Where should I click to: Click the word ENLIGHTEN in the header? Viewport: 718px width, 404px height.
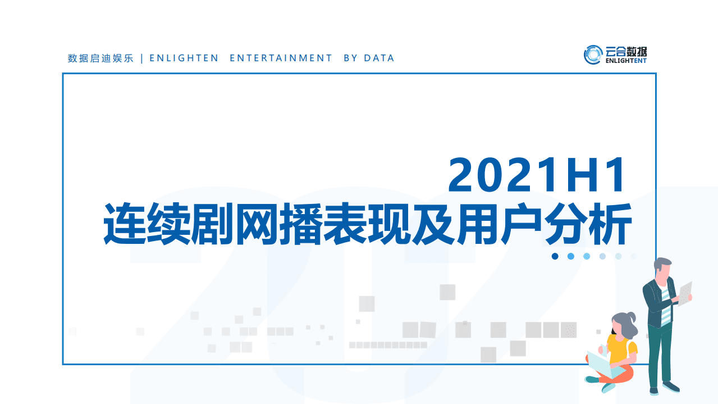(x=184, y=58)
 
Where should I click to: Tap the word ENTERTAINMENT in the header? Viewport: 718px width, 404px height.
(x=281, y=58)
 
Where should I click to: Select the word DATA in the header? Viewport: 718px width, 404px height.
(x=379, y=58)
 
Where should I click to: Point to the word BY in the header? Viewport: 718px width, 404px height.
(x=350, y=58)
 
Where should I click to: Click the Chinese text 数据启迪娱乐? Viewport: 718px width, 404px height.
(x=100, y=58)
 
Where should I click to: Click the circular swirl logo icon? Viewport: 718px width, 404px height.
(x=593, y=55)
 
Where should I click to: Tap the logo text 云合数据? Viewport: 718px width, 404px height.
(x=626, y=51)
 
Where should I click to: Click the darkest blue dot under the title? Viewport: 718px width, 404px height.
(x=555, y=256)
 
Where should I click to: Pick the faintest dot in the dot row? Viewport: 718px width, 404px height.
(x=633, y=256)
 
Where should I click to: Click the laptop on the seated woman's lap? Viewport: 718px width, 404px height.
(x=603, y=364)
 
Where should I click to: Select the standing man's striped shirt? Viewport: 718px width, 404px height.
(x=665, y=306)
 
